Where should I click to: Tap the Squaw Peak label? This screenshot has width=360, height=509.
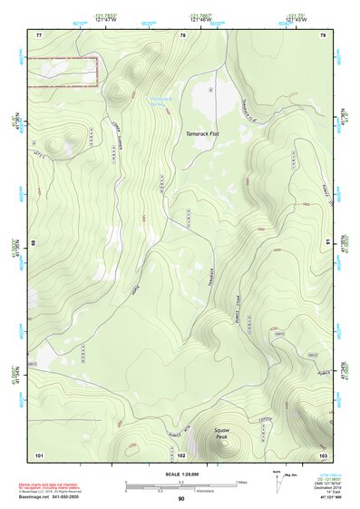coord(222,432)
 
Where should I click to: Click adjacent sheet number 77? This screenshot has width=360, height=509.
coord(39,34)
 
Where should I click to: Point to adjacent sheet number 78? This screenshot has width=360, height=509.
coord(182,34)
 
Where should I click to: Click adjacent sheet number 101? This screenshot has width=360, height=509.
coord(39,453)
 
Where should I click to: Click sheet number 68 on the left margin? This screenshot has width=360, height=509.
coord(36,243)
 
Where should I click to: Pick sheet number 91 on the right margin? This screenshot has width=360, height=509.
coord(326,243)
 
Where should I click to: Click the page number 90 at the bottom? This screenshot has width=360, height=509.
coord(181,500)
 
